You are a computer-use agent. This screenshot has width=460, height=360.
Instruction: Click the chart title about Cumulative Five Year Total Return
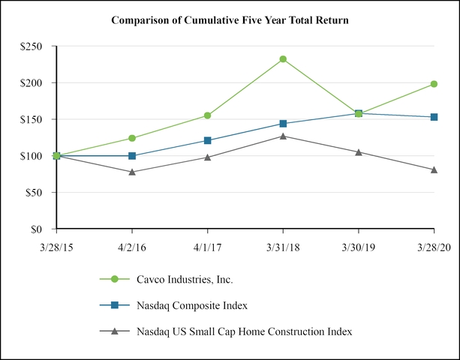click(230, 19)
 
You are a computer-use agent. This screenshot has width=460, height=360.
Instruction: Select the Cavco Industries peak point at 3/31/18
click(283, 59)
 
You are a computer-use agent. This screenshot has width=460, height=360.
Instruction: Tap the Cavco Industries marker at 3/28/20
click(434, 84)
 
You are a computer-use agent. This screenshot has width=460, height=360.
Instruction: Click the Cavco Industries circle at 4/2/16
click(132, 138)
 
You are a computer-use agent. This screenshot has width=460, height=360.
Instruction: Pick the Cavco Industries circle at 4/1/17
click(207, 115)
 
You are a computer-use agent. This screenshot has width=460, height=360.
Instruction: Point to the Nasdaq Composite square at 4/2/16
click(132, 156)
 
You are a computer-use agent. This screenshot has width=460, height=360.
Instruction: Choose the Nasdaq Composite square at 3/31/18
click(283, 124)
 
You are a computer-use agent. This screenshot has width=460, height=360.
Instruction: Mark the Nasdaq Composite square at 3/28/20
click(434, 117)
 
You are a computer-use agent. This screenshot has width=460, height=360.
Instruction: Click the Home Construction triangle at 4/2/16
click(132, 172)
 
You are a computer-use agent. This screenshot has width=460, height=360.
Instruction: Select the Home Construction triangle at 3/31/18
click(283, 136)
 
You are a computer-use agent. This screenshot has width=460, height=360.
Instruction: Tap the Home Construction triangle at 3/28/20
click(434, 169)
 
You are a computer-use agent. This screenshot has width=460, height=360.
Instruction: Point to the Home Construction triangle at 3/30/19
click(359, 152)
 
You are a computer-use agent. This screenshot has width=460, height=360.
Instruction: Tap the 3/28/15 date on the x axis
click(56, 245)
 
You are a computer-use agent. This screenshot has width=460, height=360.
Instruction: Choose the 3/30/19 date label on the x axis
click(359, 245)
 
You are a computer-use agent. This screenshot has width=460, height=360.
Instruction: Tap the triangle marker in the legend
click(115, 331)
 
